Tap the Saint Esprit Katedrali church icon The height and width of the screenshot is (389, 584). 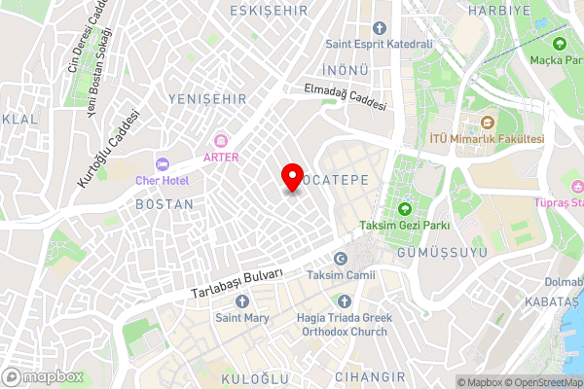pos(380,27)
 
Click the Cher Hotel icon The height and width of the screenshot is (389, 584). pos(163,164)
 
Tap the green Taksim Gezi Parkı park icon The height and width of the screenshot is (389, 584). pos(406,208)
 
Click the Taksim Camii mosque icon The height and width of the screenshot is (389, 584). pos(341,259)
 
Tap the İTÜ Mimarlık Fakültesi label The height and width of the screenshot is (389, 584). pos(487,139)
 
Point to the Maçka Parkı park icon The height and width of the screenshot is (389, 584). pos(559,44)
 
